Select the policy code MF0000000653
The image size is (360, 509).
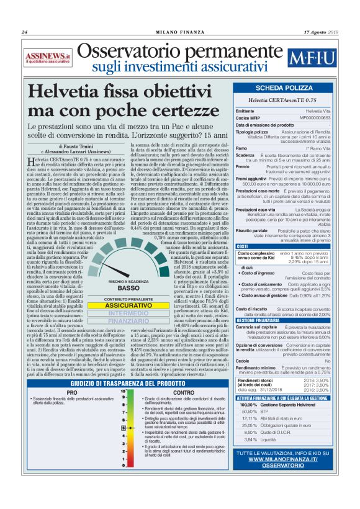[x=317, y=117]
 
